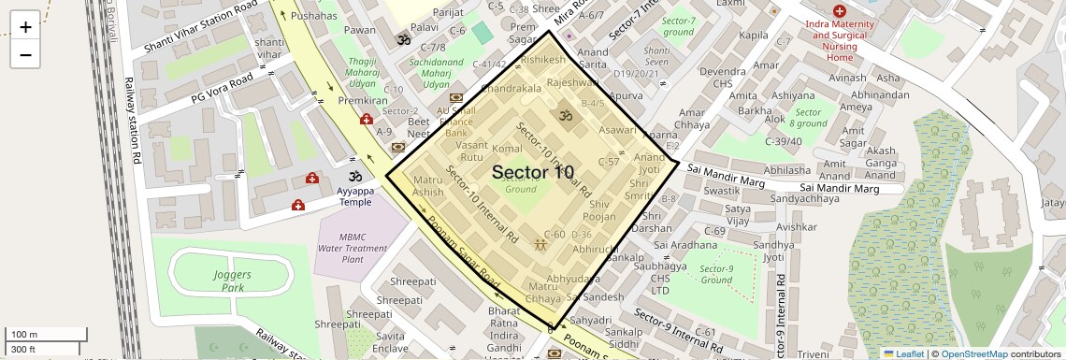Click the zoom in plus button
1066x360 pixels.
(25, 27)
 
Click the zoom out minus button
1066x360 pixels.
(25, 54)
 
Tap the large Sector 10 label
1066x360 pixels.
(533, 172)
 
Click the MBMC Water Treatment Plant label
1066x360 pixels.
(353, 248)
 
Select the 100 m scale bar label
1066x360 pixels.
(24, 335)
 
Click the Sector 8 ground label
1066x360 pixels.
(808, 117)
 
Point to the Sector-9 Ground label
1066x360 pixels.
(715, 274)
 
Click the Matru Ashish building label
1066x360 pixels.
(428, 185)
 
